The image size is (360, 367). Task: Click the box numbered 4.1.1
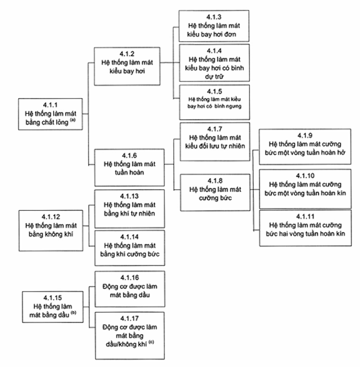[x=51, y=114]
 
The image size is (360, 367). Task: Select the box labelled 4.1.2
[x=127, y=66]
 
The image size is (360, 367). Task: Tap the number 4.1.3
[x=214, y=17]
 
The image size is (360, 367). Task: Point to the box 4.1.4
[x=214, y=63]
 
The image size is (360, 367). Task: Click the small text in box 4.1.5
[x=214, y=103]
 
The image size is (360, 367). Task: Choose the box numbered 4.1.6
[x=129, y=168]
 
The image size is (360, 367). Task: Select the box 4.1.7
[x=215, y=141]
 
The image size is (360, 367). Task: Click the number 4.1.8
[x=215, y=181]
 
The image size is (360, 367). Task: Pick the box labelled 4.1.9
[x=305, y=146]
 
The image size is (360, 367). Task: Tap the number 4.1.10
[x=305, y=176]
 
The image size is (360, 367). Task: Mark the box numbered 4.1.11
[x=305, y=228]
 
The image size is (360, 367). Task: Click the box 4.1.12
[x=51, y=231]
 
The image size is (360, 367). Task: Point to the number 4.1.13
[x=129, y=196]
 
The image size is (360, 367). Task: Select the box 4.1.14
[x=129, y=248]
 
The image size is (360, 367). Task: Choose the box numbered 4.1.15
[x=52, y=307]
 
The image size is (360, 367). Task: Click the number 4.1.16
[x=129, y=278]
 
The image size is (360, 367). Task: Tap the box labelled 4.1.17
[x=129, y=335]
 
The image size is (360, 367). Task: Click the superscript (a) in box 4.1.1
[x=72, y=120]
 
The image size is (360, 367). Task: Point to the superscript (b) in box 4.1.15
[x=74, y=313]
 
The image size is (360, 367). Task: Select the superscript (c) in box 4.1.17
[x=151, y=342]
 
